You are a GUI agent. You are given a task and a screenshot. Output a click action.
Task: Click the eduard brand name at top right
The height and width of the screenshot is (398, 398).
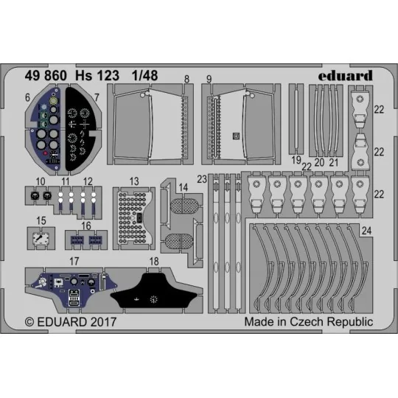pyautogui.click(x=348, y=74)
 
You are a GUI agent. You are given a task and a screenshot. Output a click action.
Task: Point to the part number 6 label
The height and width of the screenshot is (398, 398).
pyautogui.click(x=27, y=96)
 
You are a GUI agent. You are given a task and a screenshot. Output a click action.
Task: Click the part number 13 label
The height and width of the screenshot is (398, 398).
pyautogui.click(x=134, y=181)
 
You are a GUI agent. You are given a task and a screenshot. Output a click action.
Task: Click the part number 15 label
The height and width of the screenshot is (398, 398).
pyautogui.click(x=41, y=220)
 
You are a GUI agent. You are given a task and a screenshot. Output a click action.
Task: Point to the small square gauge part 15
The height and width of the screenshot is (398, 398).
pyautogui.click(x=41, y=239)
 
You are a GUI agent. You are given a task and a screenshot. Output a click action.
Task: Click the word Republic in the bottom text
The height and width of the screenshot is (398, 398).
pyautogui.click(x=349, y=322)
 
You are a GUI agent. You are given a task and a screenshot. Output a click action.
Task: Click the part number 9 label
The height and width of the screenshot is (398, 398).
pyautogui.click(x=209, y=78)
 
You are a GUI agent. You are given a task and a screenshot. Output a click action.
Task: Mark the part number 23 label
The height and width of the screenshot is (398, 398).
pyautogui.click(x=203, y=179)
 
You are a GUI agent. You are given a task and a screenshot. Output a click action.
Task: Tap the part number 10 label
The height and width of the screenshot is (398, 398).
pyautogui.click(x=40, y=181)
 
